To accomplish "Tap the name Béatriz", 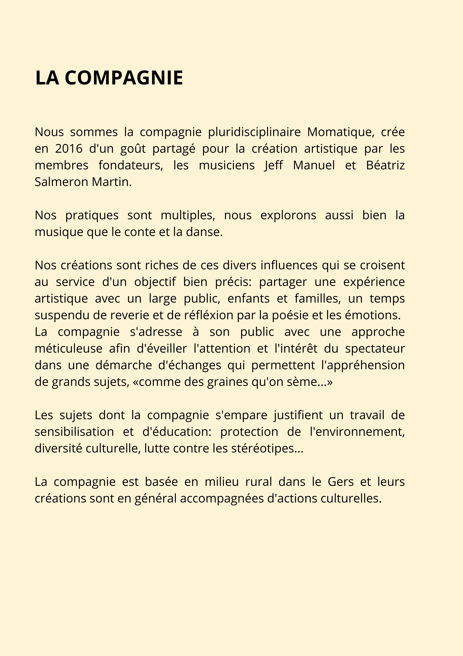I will point(385,165).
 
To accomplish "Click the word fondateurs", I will point(131,165).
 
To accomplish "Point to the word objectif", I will point(155,282).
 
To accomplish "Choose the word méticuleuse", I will point(68,349).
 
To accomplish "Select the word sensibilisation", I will point(74,432).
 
